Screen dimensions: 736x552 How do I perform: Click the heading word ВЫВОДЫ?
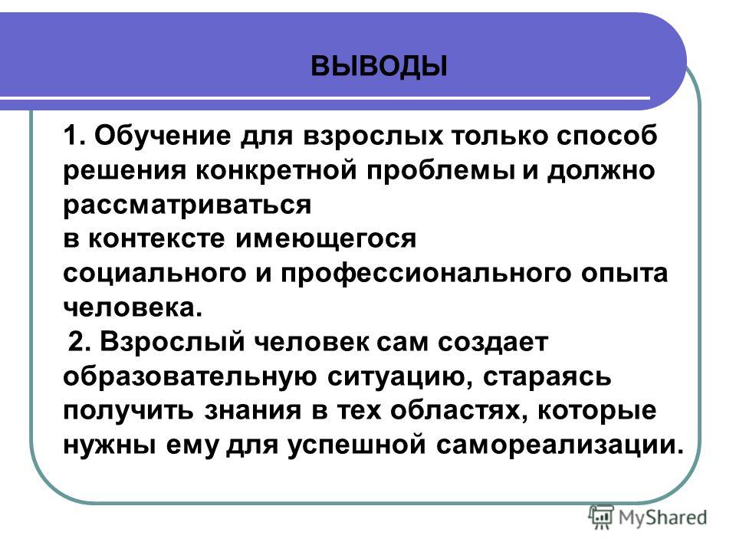pyautogui.click(x=379, y=67)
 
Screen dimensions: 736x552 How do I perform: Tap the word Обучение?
pyautogui.click(x=163, y=136)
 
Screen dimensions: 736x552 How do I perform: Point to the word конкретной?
pyautogui.click(x=275, y=171)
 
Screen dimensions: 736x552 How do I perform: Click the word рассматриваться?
pyautogui.click(x=187, y=205)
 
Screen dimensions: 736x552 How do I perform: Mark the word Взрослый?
pyautogui.click(x=172, y=343)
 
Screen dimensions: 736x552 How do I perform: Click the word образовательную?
pyautogui.click(x=190, y=376)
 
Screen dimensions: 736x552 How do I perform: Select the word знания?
pyautogui.click(x=252, y=411)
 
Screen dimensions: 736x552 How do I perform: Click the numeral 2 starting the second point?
pyautogui.click(x=76, y=342)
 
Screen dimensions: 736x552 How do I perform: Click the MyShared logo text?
pyautogui.click(x=662, y=518)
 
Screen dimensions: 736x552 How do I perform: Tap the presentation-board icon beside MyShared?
pyautogui.click(x=601, y=517)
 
